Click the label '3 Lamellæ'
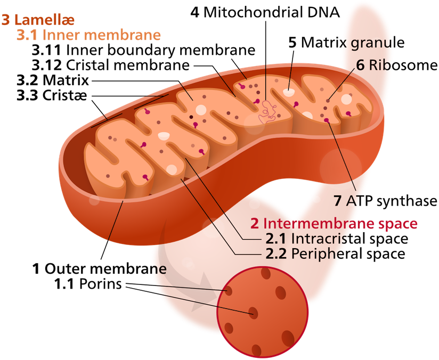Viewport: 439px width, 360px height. coord(38,20)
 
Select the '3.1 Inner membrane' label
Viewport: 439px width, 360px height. coord(88,35)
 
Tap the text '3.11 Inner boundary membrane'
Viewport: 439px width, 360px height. coord(143,51)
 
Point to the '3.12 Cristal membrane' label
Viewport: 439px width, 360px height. coord(111,65)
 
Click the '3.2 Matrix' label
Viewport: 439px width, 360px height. coord(53,80)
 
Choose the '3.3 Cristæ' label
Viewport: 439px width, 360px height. coord(52,95)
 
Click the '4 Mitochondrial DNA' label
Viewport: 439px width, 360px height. coord(265,13)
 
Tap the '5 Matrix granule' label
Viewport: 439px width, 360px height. coord(346,43)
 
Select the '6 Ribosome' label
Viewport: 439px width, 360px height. coord(396,65)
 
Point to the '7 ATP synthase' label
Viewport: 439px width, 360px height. coord(385,201)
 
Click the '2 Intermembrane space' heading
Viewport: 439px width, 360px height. coord(334,223)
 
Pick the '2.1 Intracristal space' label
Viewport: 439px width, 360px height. coord(337,239)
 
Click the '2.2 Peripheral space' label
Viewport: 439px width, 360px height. coord(335,254)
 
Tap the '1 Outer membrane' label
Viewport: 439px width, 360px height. coord(100,269)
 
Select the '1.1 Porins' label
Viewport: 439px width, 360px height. coord(88,284)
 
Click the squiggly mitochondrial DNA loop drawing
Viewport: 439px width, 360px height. coord(267,112)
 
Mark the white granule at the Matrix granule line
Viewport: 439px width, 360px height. coord(288,92)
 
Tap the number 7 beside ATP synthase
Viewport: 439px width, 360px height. coord(337,201)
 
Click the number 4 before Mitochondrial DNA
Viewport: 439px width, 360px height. coord(195,13)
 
